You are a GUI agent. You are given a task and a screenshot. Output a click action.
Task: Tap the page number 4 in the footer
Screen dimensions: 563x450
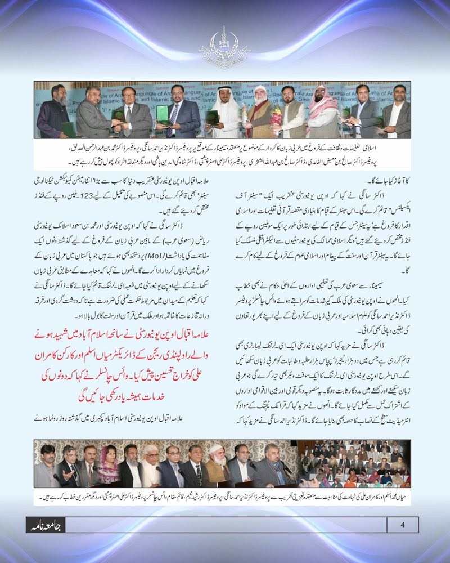click(402, 525)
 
